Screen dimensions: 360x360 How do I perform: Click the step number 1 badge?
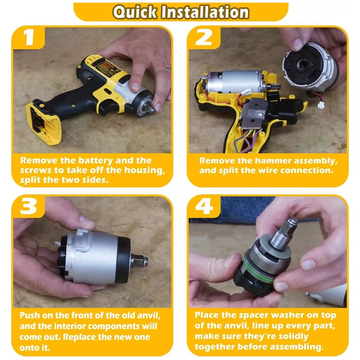coord(29,38)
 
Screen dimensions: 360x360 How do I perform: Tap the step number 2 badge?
coord(204,38)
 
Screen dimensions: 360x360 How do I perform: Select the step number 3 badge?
coord(29,207)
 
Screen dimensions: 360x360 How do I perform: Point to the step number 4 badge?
coord(204,207)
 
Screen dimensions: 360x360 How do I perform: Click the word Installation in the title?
coord(205,12)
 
